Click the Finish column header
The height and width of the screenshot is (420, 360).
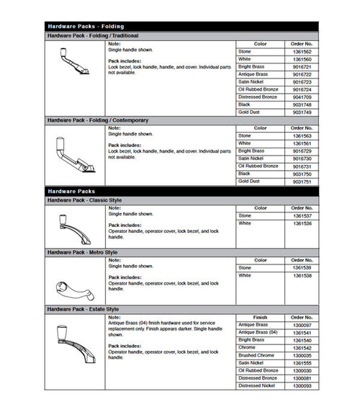261,317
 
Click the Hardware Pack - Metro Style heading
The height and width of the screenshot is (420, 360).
82,252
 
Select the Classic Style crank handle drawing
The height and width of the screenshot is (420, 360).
74,226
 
